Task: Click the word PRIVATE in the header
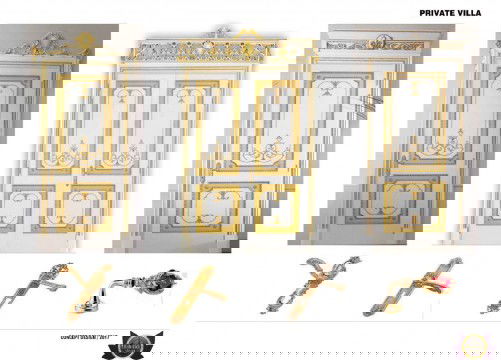click(441, 14)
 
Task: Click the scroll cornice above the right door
click(413, 43)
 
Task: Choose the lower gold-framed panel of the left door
click(84, 206)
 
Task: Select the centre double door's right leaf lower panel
click(277, 208)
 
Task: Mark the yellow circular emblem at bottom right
click(472, 346)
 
